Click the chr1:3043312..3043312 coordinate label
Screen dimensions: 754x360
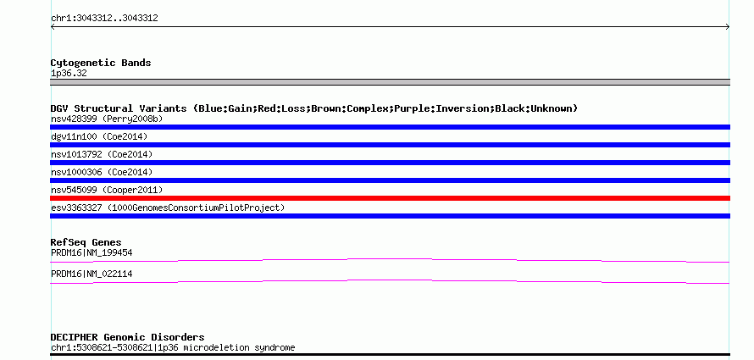(x=104, y=19)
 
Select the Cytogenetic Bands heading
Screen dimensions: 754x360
(x=101, y=63)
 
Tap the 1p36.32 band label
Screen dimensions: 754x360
(x=69, y=74)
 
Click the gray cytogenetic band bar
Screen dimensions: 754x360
(x=390, y=82)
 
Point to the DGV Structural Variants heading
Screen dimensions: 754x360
(x=314, y=108)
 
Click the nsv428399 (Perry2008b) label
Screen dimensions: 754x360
(x=107, y=119)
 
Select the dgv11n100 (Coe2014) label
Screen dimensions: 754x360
(x=99, y=136)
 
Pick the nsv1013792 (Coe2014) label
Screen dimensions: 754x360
(x=102, y=154)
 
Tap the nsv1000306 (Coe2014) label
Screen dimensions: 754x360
(x=102, y=172)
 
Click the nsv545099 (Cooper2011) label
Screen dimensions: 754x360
(x=107, y=190)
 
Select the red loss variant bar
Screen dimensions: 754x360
(x=390, y=198)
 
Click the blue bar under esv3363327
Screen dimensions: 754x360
(x=390, y=216)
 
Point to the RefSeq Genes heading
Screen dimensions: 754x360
(x=86, y=242)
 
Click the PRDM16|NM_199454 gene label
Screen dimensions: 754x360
(x=91, y=252)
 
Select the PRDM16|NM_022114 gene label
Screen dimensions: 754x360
(x=91, y=274)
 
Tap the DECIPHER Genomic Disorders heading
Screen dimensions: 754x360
(x=127, y=337)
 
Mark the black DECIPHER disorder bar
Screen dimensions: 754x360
(x=390, y=355)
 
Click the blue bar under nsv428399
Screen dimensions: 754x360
(x=390, y=127)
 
